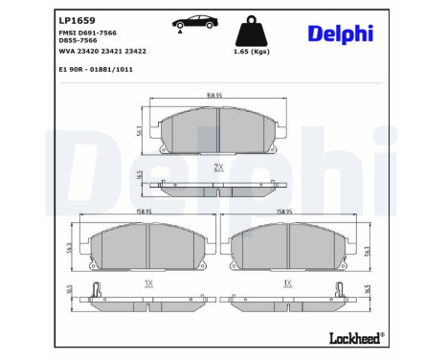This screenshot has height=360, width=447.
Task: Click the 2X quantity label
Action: (x=217, y=167)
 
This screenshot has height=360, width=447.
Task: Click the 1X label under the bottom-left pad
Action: (x=147, y=283)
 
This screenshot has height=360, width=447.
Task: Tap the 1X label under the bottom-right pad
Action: (x=288, y=283)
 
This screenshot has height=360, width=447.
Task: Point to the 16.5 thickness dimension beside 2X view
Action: (x=141, y=176)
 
